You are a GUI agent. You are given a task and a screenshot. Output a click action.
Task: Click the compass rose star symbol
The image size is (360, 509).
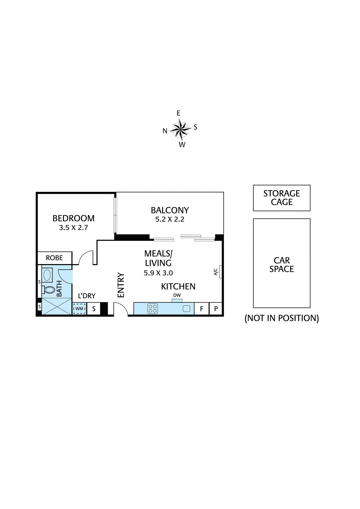click(x=180, y=129)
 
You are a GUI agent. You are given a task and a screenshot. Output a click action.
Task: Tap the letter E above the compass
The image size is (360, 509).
click(x=179, y=113)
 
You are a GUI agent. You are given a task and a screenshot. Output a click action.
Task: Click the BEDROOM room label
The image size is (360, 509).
click(x=74, y=218)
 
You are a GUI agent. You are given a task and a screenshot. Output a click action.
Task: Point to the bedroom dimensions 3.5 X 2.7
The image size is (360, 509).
click(x=74, y=228)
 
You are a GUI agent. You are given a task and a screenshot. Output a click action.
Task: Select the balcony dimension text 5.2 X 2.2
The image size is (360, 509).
click(x=170, y=219)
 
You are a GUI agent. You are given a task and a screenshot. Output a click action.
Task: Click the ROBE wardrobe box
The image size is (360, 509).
click(x=55, y=258)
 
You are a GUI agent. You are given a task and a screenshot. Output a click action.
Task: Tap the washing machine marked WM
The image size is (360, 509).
click(x=79, y=309)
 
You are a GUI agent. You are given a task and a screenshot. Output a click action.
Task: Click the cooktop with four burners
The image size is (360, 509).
click(x=153, y=309)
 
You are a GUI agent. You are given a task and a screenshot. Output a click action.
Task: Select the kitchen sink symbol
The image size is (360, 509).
click(x=187, y=309)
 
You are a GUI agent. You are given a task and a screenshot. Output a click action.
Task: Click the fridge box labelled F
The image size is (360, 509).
click(x=201, y=309)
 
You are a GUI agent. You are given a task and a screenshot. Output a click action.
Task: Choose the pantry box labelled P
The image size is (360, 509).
click(x=216, y=309)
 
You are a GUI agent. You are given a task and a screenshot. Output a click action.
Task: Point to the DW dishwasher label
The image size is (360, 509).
click(x=177, y=296)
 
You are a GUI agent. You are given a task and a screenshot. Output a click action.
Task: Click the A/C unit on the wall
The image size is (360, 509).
click(x=220, y=272)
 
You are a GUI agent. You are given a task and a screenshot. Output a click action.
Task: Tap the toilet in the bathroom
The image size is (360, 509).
click(x=49, y=290)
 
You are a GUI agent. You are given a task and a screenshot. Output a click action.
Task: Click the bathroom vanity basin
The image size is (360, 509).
click(x=47, y=275)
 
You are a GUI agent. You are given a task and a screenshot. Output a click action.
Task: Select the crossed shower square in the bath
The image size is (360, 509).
click(x=57, y=306)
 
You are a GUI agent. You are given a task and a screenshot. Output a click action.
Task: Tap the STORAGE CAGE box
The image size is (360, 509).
click(x=282, y=198)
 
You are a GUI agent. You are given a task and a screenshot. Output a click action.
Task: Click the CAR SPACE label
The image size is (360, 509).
click(x=282, y=265)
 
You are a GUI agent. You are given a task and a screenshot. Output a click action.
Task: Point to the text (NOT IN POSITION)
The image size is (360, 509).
click(x=282, y=318)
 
